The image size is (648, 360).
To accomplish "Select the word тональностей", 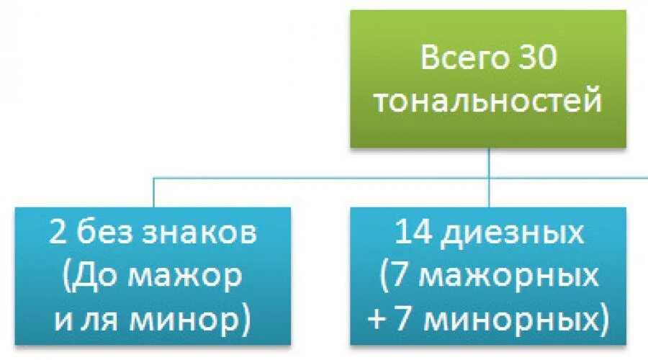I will pyautogui.click(x=488, y=102).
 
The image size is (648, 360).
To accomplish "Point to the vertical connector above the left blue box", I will pyautogui.click(x=153, y=193).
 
